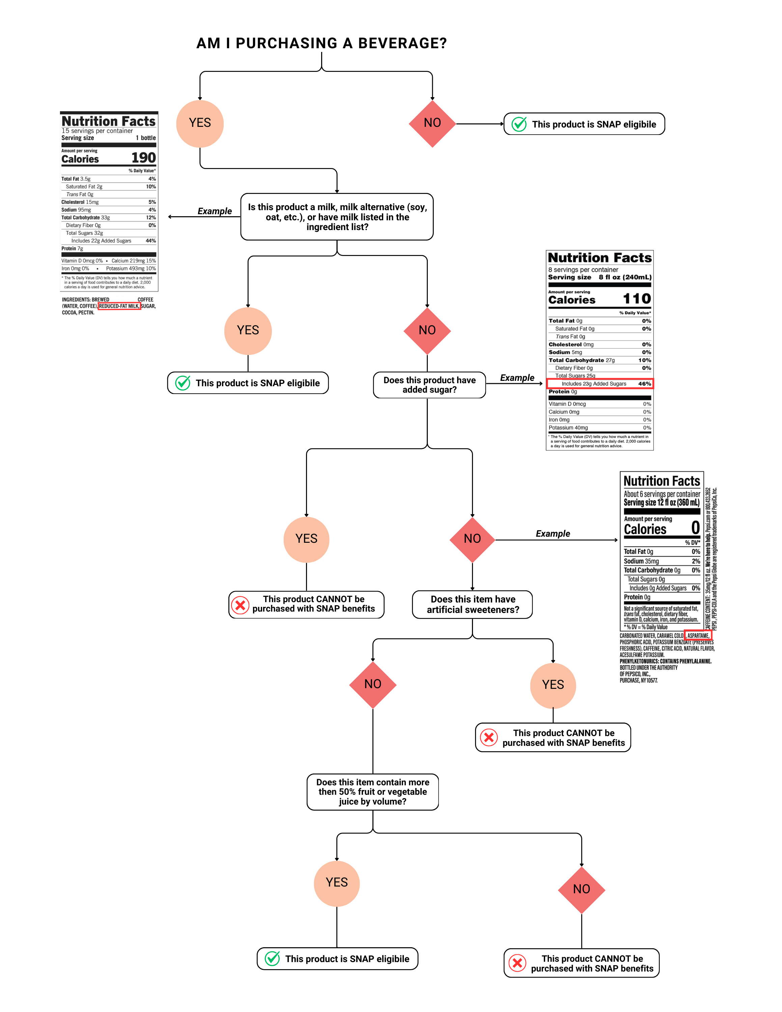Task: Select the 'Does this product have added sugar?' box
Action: pos(429,385)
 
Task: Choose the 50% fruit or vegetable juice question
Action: pos(372,792)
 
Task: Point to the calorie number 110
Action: pos(637,299)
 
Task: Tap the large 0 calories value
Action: pos(695,528)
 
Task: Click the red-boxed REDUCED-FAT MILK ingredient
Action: pos(119,306)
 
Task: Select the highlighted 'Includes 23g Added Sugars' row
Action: pos(599,384)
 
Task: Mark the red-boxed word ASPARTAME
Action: pos(698,636)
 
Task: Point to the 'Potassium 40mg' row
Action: pos(568,428)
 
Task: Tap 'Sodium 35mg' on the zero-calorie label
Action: pos(641,561)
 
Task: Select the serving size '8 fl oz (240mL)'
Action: pos(624,277)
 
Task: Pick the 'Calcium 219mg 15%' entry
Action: pos(133,261)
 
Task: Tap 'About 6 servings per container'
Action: pos(662,494)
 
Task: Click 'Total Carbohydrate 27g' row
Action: pos(581,360)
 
